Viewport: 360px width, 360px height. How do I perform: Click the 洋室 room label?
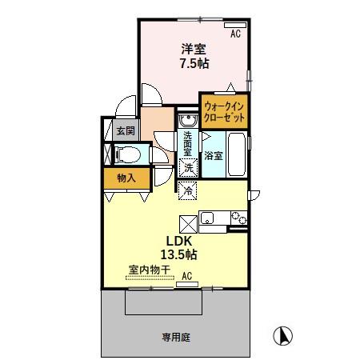[x=192, y=47]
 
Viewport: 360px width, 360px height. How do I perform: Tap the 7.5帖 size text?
[x=192, y=64]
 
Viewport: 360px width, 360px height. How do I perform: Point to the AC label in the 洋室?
[x=236, y=34]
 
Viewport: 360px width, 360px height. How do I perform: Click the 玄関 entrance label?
[x=125, y=131]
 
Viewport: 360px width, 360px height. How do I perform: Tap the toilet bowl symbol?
[x=127, y=154]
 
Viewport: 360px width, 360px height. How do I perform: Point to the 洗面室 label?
[x=186, y=146]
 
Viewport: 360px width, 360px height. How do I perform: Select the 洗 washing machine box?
[x=188, y=168]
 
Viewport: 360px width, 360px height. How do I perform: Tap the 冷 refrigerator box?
[x=188, y=190]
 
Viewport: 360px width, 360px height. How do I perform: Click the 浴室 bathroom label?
[x=213, y=154]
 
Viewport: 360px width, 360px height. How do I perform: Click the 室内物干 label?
[x=149, y=270]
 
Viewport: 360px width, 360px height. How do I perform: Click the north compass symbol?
[x=281, y=336]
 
